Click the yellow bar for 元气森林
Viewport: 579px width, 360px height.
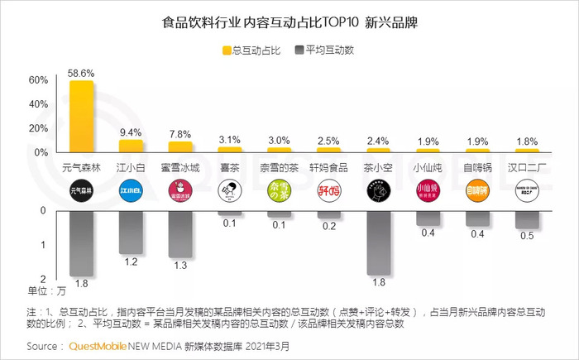pyautogui.click(x=81, y=116)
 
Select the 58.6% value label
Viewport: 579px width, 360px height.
pyautogui.click(x=81, y=73)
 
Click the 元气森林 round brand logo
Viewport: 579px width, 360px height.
pyautogui.click(x=81, y=192)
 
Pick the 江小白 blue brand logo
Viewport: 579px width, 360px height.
pyautogui.click(x=131, y=192)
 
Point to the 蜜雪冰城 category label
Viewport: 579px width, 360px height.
pyautogui.click(x=180, y=167)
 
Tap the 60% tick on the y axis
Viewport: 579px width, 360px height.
pyautogui.click(x=39, y=81)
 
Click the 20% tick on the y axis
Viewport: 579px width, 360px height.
pyautogui.click(x=39, y=129)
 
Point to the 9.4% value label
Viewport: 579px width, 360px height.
pyautogui.click(x=131, y=132)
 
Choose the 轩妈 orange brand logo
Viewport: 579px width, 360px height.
pyautogui.click(x=329, y=192)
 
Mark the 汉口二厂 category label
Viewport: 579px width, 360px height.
pyautogui.click(x=528, y=167)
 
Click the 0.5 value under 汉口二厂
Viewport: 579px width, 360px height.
pyautogui.click(x=528, y=237)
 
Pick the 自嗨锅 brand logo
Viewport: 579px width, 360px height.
pyautogui.click(x=478, y=192)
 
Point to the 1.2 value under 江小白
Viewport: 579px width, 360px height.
pyautogui.click(x=131, y=262)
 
